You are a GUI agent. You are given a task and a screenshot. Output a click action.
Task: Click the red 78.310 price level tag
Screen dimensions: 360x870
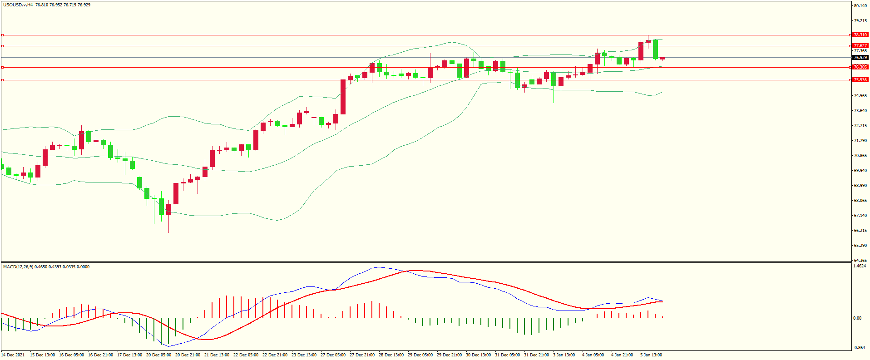(860, 35)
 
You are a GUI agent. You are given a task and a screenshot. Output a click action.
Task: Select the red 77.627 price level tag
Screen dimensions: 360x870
(860, 46)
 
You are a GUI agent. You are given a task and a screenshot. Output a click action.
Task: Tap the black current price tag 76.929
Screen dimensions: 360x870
(860, 58)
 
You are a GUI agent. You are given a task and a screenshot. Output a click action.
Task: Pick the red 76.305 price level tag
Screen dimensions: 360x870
(860, 67)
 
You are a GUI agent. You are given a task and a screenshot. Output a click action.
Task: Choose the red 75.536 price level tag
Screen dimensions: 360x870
(860, 80)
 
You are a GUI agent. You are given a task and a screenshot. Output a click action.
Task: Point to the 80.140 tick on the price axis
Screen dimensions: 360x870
(860, 6)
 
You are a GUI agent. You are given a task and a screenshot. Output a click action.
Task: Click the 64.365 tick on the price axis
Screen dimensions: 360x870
(860, 261)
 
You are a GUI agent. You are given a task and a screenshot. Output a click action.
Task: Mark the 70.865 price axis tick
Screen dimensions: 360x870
(860, 156)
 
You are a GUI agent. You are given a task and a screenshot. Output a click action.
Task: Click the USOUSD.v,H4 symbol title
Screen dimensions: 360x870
(18, 5)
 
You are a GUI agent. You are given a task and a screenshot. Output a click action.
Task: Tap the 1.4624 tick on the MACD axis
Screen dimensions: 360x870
(860, 266)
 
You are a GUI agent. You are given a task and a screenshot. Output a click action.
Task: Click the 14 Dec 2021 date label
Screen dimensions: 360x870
(13, 355)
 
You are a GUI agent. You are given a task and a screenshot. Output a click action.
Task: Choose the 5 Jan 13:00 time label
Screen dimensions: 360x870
(651, 355)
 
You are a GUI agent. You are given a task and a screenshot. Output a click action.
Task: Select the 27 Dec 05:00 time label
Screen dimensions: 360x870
(333, 355)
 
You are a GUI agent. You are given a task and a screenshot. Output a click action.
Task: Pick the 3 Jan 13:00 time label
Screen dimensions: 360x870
(564, 355)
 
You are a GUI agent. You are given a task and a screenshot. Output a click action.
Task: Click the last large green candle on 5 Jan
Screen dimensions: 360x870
(655, 49)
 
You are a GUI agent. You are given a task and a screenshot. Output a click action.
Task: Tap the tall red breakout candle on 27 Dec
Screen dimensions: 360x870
(343, 97)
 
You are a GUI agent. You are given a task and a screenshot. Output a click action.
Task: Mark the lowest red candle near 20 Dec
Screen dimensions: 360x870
(169, 209)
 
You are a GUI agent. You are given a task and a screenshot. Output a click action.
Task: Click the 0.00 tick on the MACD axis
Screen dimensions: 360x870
(857, 318)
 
